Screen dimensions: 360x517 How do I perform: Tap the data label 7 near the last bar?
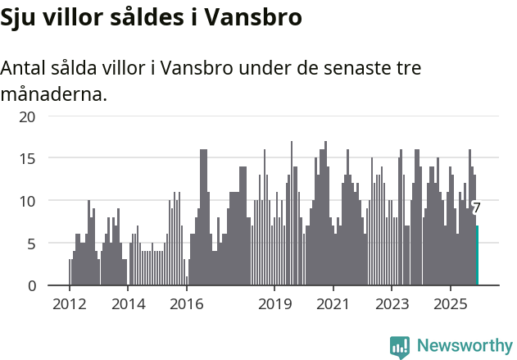tap(476, 208)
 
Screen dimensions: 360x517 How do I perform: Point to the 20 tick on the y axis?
tap(27, 116)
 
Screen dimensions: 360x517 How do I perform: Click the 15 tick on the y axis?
tap(27, 158)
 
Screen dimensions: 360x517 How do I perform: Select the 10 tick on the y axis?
tap(27, 201)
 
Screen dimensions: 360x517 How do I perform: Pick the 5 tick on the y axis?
tap(31, 244)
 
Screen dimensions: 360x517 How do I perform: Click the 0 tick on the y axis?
tap(31, 286)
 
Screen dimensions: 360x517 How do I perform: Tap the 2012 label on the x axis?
tap(69, 304)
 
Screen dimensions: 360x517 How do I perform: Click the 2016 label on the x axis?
tap(186, 304)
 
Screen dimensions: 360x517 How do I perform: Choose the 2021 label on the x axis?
tap(333, 304)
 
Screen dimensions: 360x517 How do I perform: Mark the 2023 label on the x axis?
tap(391, 304)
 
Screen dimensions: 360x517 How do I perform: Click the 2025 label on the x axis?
tap(450, 304)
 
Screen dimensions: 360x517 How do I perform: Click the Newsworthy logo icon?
tap(400, 347)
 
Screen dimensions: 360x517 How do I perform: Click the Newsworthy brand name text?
tap(465, 346)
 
